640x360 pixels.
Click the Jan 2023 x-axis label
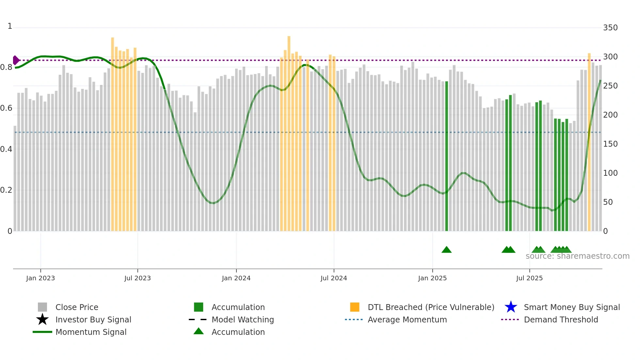click(x=40, y=278)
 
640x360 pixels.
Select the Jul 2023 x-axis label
click(x=137, y=278)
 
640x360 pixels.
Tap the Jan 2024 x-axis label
click(x=236, y=278)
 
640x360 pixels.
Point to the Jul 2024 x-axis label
click(x=334, y=278)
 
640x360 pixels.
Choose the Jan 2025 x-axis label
click(x=432, y=278)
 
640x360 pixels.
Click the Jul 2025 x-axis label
click(x=529, y=278)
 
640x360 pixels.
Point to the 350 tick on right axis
click(x=610, y=28)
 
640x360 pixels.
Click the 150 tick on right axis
click(x=610, y=144)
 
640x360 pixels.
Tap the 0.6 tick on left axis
click(x=6, y=108)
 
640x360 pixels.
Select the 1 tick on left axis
click(x=10, y=26)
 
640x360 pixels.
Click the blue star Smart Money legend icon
click(x=511, y=307)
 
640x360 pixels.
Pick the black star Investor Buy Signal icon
click(x=42, y=319)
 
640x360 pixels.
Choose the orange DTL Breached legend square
click(x=355, y=307)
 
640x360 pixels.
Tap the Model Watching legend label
click(x=243, y=319)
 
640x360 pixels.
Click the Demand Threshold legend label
click(x=561, y=319)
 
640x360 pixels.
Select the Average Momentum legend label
click(x=407, y=319)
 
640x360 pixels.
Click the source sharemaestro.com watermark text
click(x=577, y=256)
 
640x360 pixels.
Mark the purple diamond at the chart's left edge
click(x=16, y=60)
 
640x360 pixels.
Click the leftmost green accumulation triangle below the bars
click(x=446, y=250)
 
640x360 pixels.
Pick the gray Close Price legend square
click(x=42, y=307)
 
